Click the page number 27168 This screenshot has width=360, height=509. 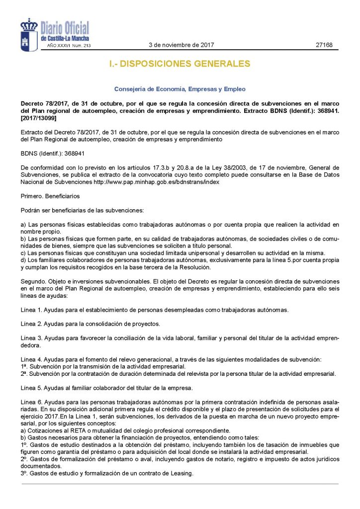[324, 45]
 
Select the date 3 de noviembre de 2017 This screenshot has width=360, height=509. [181, 45]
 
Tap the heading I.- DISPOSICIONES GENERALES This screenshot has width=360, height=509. [180, 64]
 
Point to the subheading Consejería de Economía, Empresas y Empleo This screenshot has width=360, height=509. [180, 89]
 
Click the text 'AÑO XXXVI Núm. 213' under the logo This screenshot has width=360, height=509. [69, 46]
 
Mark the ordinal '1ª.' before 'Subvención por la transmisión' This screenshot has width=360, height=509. [24, 366]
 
